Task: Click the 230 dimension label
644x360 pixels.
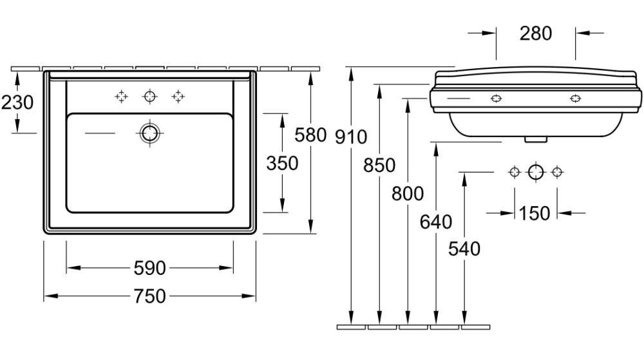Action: [17, 102]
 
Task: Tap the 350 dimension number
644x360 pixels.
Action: [282, 163]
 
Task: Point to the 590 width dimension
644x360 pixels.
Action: [149, 267]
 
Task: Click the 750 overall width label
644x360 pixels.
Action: [149, 296]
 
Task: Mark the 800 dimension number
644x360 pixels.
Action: [407, 193]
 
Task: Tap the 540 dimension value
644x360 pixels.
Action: [464, 248]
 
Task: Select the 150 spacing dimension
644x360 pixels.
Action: [535, 213]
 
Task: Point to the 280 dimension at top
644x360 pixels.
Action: [535, 33]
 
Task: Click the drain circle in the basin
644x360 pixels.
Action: [149, 133]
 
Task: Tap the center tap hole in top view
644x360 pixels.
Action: [150, 97]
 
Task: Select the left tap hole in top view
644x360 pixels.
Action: [121, 97]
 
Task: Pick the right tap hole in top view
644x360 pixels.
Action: [178, 97]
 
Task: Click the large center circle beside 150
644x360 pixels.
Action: [536, 172]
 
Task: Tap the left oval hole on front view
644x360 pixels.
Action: [496, 99]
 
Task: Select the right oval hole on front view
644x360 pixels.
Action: [575, 99]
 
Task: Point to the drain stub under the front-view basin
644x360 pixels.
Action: [535, 137]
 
